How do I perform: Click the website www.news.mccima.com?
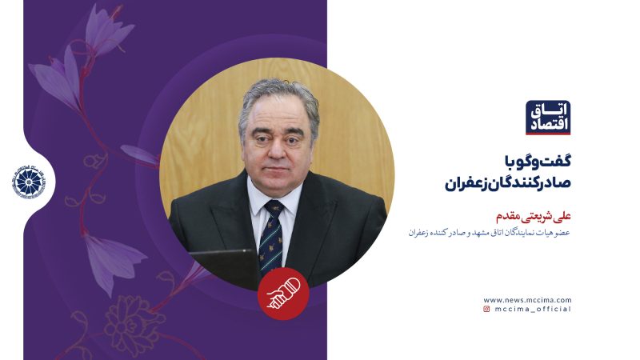pyautogui.click(x=527, y=298)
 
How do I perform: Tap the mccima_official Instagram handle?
pyautogui.click(x=532, y=309)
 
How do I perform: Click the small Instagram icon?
pyautogui.click(x=486, y=309)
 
